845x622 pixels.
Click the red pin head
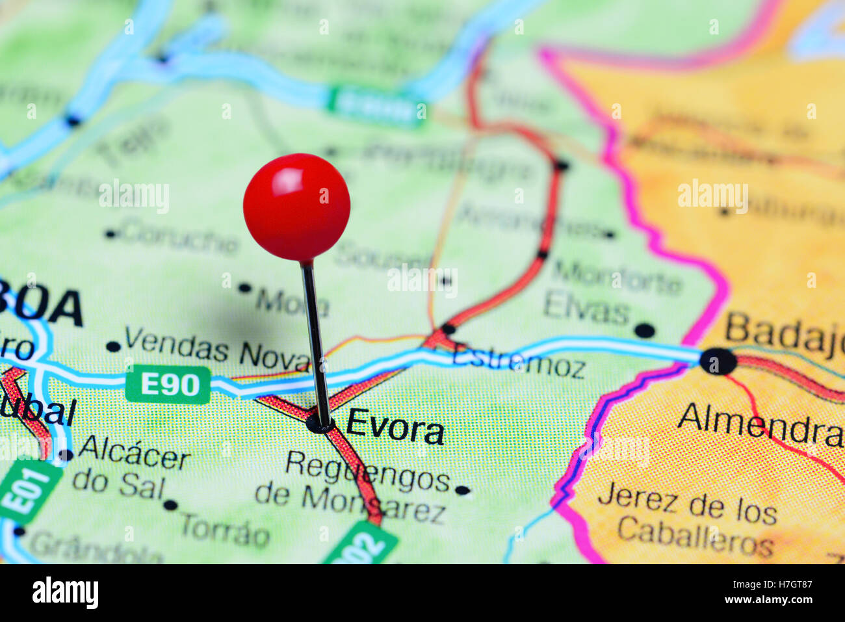coord(296,207)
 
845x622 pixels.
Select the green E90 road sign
coord(168,385)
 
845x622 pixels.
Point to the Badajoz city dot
coord(718,361)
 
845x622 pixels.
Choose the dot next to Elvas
coord(644,330)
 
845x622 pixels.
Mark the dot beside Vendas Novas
coord(114,346)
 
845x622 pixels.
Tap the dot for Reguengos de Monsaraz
coord(462,490)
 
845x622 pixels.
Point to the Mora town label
coord(291,302)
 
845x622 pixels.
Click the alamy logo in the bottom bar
coord(65,593)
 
